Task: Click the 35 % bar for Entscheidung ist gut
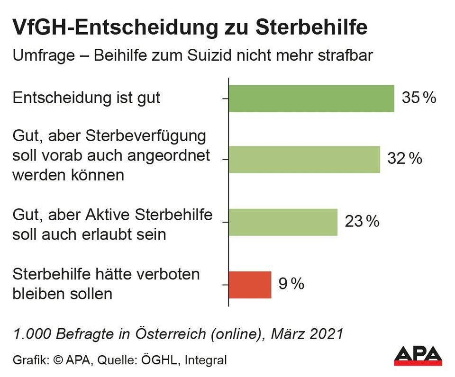(311, 99)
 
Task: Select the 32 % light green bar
(304, 159)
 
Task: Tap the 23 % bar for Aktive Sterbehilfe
(283, 222)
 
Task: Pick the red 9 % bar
(250, 285)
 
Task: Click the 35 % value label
(419, 98)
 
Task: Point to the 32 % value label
(404, 159)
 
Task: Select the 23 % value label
(362, 221)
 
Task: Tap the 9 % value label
(291, 284)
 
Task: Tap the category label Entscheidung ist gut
(86, 98)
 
